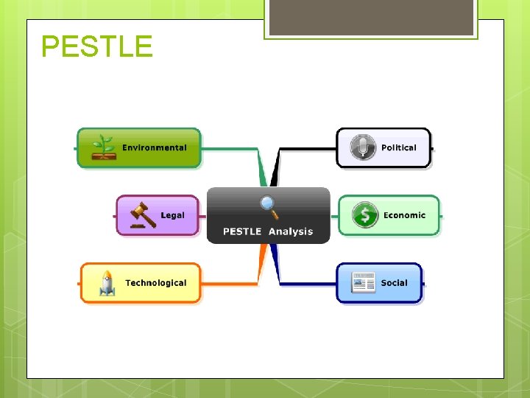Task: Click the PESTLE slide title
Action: [x=96, y=46]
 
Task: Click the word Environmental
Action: [x=155, y=147]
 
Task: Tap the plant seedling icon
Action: [x=104, y=147]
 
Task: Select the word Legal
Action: [x=173, y=215]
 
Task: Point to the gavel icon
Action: [x=143, y=214]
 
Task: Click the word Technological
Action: [x=155, y=283]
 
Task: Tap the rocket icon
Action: [x=107, y=283]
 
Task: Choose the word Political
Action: [x=398, y=147]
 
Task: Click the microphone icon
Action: [x=362, y=147]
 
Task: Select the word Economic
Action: [x=404, y=215]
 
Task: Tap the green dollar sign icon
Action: [x=364, y=215]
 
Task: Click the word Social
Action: [x=394, y=283]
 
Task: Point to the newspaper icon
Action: [x=363, y=283]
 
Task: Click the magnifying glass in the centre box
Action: [x=269, y=207]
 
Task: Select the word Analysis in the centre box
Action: [x=291, y=231]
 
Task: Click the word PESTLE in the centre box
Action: [x=242, y=231]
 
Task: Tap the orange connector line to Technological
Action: [x=228, y=283]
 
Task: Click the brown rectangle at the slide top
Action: [x=371, y=17]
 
